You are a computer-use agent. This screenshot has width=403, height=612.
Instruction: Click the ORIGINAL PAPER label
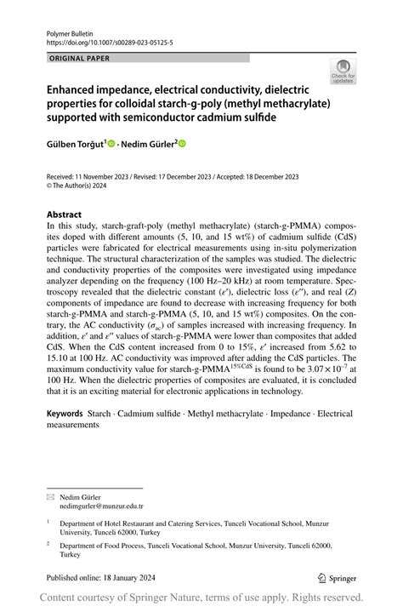(80, 58)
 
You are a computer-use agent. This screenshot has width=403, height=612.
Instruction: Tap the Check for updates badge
(343, 71)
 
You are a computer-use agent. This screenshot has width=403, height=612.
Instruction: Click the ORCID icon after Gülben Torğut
(112, 144)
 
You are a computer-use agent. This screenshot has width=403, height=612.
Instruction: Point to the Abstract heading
(65, 214)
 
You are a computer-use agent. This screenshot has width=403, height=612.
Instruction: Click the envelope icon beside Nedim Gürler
(50, 495)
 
